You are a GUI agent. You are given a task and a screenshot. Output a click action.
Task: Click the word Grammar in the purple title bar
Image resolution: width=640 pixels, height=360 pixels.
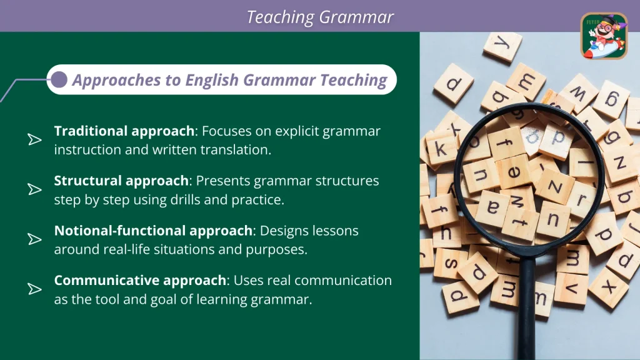356,17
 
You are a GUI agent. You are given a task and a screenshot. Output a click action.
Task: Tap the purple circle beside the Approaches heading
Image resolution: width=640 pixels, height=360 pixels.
59,79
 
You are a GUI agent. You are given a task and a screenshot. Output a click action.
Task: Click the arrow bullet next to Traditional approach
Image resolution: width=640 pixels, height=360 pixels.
35,139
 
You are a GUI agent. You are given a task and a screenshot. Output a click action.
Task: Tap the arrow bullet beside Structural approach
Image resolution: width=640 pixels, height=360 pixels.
35,189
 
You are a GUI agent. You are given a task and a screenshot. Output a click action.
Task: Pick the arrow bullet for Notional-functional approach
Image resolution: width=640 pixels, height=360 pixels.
35,239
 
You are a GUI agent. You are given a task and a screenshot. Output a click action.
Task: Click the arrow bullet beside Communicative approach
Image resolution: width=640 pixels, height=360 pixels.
35,289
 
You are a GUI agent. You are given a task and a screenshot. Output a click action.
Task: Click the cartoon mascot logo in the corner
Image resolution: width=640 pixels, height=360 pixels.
604,36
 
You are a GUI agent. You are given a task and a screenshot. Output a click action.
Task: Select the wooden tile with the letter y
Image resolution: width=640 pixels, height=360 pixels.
502,46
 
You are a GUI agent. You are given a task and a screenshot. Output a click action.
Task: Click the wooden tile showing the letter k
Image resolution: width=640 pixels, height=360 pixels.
441,148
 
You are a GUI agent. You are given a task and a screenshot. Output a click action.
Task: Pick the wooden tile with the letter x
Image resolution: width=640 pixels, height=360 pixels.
609,288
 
